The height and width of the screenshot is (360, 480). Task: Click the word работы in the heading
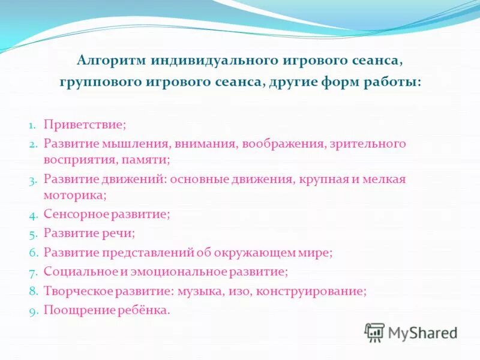click(392, 82)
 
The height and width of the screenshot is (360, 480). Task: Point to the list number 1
click(33, 126)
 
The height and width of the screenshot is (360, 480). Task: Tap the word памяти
click(151, 160)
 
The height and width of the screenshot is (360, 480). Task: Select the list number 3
click(33, 179)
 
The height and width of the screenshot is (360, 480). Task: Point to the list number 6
click(33, 253)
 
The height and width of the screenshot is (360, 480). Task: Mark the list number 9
click(33, 311)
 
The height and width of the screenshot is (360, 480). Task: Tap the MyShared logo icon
click(374, 331)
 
